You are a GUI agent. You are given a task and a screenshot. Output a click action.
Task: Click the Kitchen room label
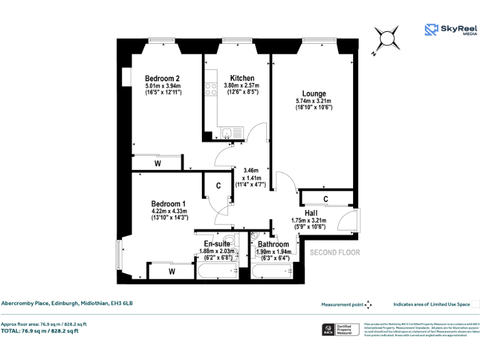(242, 78)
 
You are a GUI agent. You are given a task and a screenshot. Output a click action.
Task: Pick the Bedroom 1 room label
(169, 204)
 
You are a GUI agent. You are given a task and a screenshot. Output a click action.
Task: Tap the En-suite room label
(216, 244)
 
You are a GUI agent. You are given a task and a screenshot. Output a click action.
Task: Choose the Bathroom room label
(273, 244)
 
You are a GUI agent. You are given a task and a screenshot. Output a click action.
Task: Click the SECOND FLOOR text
(335, 253)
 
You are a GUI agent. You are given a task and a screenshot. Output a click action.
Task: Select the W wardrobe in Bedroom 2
(157, 164)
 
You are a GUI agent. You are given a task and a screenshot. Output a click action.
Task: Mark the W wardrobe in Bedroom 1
(171, 272)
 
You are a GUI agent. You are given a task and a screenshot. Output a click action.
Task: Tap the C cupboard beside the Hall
(326, 199)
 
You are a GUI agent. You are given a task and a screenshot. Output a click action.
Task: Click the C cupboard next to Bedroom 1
(218, 186)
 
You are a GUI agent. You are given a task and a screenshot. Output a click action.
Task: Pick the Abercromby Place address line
(67, 304)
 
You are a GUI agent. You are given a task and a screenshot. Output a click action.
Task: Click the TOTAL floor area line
(40, 331)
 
